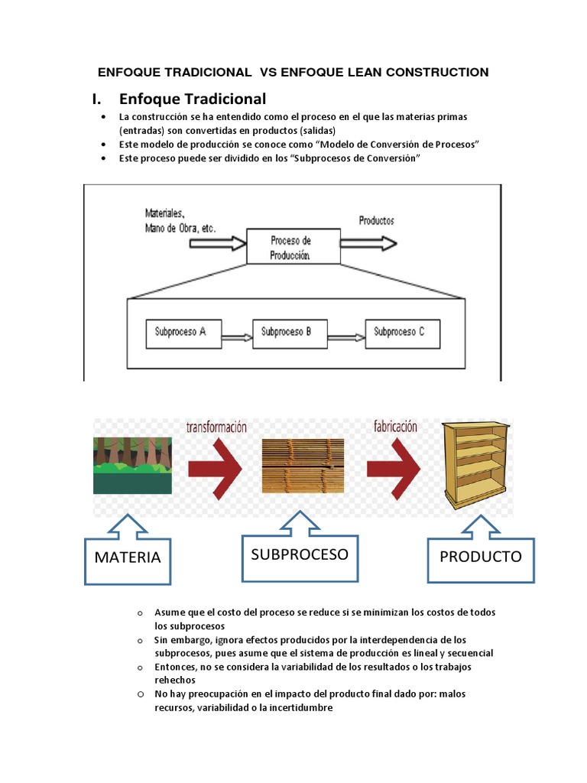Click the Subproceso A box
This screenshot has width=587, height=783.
(x=181, y=333)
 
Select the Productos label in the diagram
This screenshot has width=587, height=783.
(x=377, y=221)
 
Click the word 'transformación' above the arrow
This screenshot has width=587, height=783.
(x=216, y=427)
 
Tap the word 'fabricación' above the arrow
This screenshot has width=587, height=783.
(x=394, y=427)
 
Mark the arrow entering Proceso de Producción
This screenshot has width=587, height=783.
(x=216, y=243)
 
